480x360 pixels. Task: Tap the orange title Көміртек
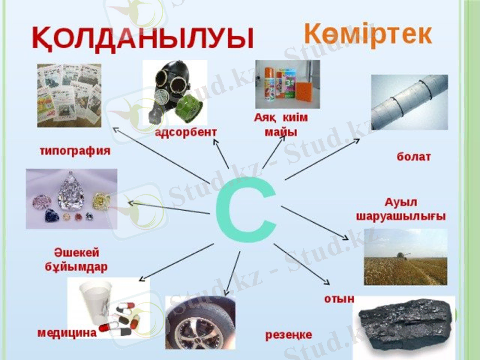[x=367, y=34]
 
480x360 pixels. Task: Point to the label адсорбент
[x=186, y=132]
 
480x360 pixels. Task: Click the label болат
[x=413, y=157]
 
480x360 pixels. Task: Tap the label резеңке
[x=289, y=335]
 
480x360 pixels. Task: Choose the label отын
[x=339, y=298]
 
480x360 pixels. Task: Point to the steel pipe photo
[x=409, y=102]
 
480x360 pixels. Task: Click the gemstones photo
[x=71, y=199]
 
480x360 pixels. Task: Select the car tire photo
[x=200, y=322]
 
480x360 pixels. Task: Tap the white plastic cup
[x=98, y=299]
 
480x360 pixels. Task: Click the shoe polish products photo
[x=287, y=83]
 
